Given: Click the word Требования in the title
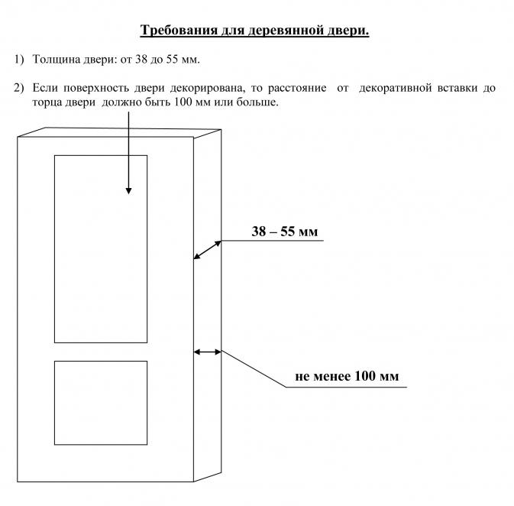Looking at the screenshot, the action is pyautogui.click(x=179, y=31).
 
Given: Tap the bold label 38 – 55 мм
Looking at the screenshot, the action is pyautogui.click(x=285, y=232).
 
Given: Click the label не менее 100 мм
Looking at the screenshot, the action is pyautogui.click(x=347, y=376).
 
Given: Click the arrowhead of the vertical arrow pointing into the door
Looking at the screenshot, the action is pyautogui.click(x=128, y=190).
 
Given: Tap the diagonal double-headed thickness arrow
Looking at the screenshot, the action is pyautogui.click(x=208, y=250).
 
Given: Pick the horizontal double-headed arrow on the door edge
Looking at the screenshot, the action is pyautogui.click(x=208, y=352).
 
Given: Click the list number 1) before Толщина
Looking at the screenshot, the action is pyautogui.click(x=19, y=60).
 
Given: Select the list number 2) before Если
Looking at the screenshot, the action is pyautogui.click(x=19, y=88).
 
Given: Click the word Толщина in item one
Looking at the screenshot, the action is pyautogui.click(x=56, y=60).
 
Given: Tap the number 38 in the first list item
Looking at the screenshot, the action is pyautogui.click(x=141, y=60).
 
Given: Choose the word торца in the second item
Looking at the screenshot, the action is pyautogui.click(x=47, y=102).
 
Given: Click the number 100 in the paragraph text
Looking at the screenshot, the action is pyautogui.click(x=183, y=102).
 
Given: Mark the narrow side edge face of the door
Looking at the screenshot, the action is pyautogui.click(x=208, y=305).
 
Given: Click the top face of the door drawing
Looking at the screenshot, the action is pyautogui.click(x=119, y=132).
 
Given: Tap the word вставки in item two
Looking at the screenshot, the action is pyautogui.click(x=457, y=88).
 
